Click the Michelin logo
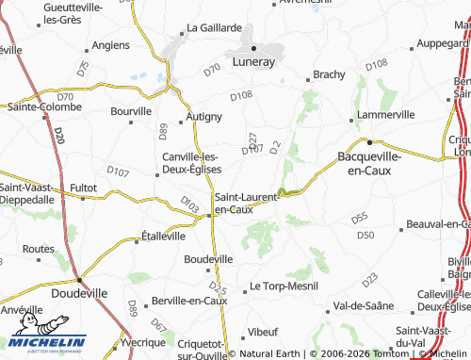(47, 344)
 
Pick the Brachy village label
(329, 74)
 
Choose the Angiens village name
(112, 44)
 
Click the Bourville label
(130, 110)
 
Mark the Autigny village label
(203, 117)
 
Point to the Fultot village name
(84, 188)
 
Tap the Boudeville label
(207, 258)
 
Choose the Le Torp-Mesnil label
(281, 286)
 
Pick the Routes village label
(38, 249)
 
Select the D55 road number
(359, 218)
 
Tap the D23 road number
(368, 279)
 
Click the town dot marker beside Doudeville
(79, 281)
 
